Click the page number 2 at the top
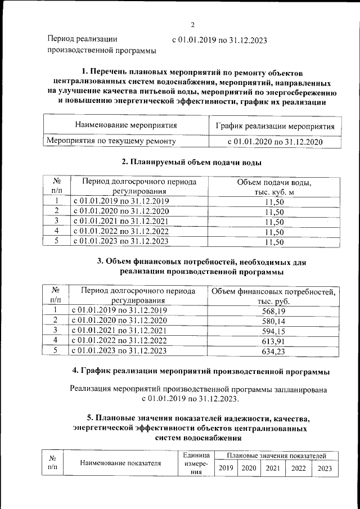click(x=192, y=25)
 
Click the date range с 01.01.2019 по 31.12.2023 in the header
click(x=219, y=40)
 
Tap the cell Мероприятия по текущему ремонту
click(x=111, y=141)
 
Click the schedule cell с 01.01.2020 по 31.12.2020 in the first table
click(x=274, y=142)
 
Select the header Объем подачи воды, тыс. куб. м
click(x=274, y=187)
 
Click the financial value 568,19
click(x=274, y=310)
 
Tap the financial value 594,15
click(x=274, y=330)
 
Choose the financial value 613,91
click(x=274, y=340)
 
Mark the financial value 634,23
click(x=274, y=350)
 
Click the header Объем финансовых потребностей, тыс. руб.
click(x=274, y=296)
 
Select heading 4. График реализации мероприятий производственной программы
click(x=201, y=371)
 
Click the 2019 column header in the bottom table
click(x=226, y=468)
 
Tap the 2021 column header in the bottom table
click(x=273, y=468)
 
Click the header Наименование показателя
click(x=120, y=463)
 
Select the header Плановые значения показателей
click(x=276, y=455)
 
